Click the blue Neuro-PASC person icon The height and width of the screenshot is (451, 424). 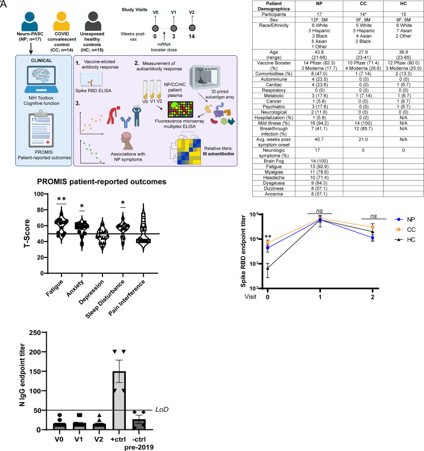29,19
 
